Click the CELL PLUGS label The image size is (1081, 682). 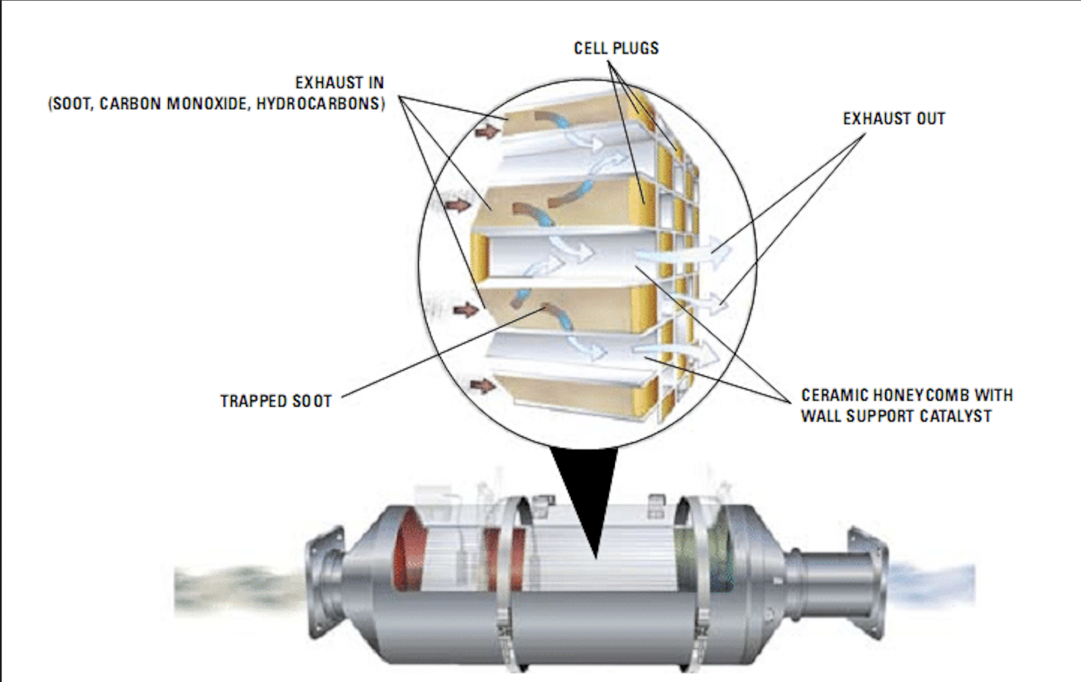[616, 49]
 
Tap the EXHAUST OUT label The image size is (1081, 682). [894, 119]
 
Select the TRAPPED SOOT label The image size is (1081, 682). [276, 401]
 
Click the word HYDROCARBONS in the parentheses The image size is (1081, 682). [320, 104]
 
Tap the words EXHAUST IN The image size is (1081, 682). [339, 83]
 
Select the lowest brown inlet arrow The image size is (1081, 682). [482, 386]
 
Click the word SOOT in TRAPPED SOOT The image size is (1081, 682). [312, 401]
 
